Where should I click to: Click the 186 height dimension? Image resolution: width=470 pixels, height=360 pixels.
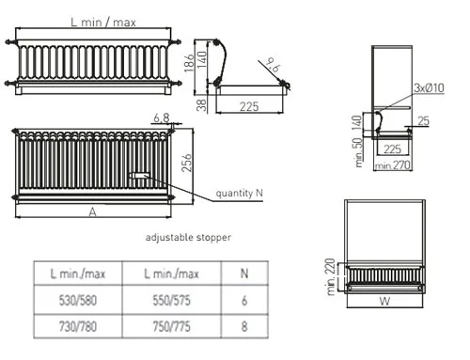tap(189, 63)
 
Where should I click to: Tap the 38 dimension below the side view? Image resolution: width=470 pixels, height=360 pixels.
tap(202, 105)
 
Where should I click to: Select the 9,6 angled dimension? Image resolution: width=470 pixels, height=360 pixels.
tap(273, 65)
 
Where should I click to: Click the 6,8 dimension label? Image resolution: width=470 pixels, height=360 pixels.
tap(162, 118)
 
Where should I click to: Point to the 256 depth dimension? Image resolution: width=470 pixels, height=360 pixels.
tap(187, 163)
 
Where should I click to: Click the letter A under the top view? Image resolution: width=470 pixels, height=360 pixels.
tap(92, 212)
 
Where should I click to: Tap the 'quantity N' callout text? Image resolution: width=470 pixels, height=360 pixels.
tap(239, 193)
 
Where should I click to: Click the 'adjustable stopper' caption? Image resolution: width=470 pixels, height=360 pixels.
tap(188, 237)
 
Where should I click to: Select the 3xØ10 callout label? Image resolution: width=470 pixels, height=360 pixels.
tap(429, 87)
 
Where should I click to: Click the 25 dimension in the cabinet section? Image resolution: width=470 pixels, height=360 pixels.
tap(423, 121)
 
